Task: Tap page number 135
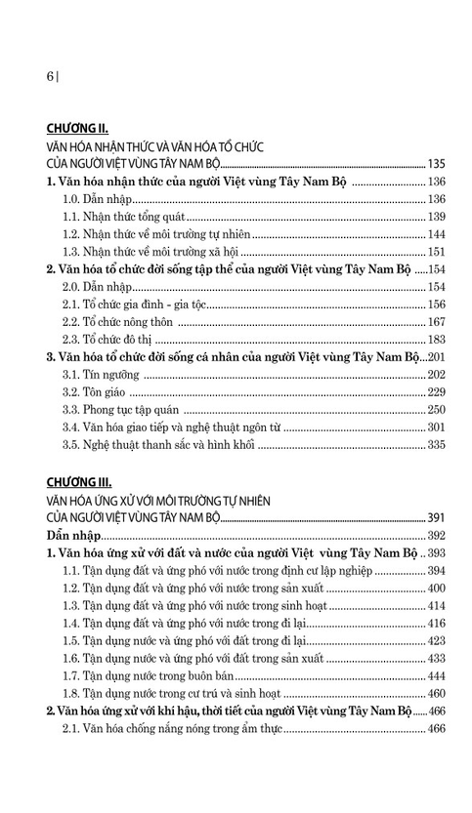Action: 436,163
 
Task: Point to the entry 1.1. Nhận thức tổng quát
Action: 123,216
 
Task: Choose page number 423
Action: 436,640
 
